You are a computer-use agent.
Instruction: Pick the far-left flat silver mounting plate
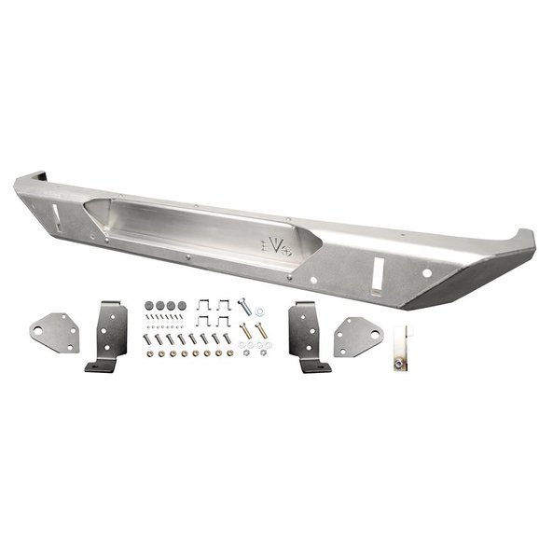(55, 332)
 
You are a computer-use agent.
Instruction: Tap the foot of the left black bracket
(100, 366)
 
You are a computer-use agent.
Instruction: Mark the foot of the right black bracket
(317, 366)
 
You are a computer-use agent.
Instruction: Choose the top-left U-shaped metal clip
(202, 306)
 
